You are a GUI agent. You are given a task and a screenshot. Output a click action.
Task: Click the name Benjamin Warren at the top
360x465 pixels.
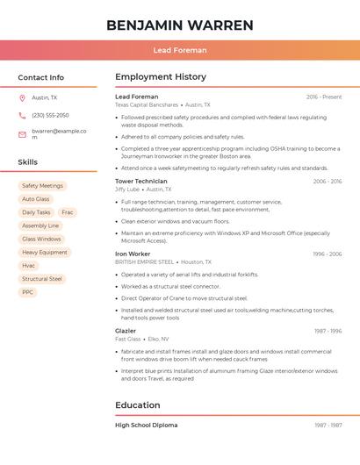point(179,25)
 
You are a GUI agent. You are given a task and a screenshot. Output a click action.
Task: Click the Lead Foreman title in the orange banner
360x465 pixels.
point(179,51)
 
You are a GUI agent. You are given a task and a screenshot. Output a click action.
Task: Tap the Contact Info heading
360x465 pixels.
point(40,77)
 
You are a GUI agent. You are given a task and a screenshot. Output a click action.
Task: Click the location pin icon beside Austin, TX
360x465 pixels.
point(22,97)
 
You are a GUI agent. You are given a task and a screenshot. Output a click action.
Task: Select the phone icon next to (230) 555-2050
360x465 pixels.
point(22,115)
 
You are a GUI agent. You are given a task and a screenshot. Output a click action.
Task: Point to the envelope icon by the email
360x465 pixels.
point(22,134)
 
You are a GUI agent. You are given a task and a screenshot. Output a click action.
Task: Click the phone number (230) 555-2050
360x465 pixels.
point(50,115)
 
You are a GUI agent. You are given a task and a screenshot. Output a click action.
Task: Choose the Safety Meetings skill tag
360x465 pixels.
point(42,186)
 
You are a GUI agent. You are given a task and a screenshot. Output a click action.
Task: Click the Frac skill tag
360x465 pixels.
point(68,212)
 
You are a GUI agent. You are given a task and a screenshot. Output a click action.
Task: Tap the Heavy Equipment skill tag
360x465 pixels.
point(44,252)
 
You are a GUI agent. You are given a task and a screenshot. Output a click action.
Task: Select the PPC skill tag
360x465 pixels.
point(28,292)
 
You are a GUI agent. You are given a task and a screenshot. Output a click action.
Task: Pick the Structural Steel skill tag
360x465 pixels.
point(42,279)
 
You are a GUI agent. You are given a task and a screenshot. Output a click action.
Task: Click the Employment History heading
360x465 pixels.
point(160,77)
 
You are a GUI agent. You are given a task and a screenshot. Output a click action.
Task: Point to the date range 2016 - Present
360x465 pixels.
point(324,97)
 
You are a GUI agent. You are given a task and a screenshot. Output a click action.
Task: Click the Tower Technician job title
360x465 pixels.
point(140,181)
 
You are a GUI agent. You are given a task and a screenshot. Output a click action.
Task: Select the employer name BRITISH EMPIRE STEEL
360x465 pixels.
point(144,261)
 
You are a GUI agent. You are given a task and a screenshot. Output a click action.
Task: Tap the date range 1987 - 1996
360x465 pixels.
point(328,331)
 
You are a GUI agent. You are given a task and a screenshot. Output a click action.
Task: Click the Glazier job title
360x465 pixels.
point(126,331)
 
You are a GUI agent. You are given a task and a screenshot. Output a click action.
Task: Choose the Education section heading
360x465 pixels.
point(137,405)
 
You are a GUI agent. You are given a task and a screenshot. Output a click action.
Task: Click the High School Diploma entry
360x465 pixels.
point(146,425)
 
